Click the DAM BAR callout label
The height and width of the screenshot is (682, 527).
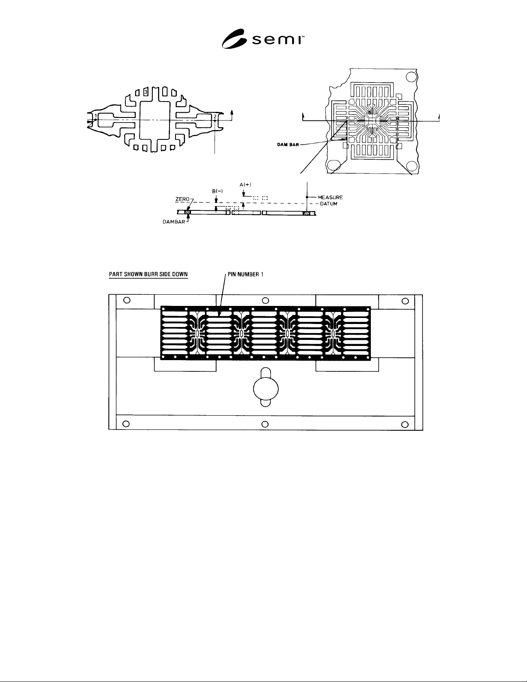[x=288, y=145]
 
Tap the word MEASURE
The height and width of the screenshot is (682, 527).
[x=330, y=198]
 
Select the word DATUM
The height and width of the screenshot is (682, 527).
[x=328, y=204]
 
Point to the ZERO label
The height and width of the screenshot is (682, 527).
[x=182, y=199]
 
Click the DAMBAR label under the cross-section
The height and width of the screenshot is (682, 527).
[x=174, y=222]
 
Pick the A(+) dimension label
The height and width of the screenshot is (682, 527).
[x=245, y=185]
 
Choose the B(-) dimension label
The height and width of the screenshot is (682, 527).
[x=217, y=191]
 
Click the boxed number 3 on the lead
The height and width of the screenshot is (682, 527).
[x=146, y=92]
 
